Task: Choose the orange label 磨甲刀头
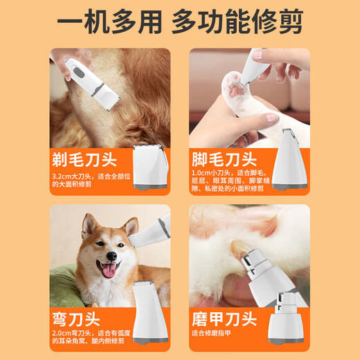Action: [x=225, y=320]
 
